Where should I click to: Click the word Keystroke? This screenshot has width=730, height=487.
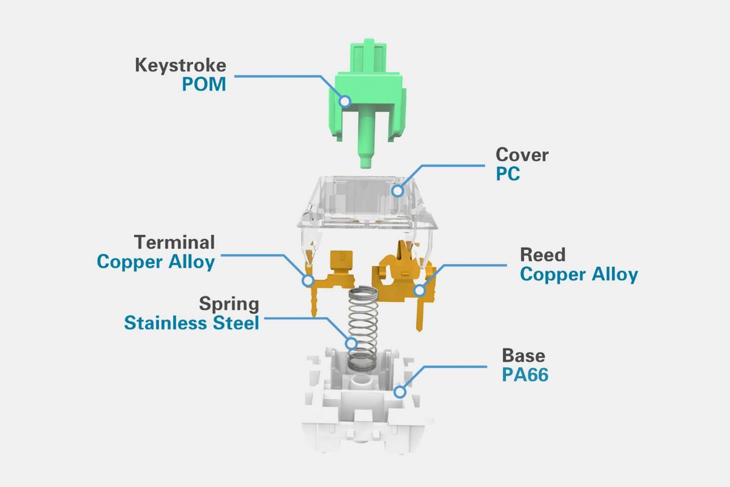click(180, 65)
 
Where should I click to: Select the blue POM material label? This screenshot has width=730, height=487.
click(204, 84)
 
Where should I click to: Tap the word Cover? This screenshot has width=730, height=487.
click(522, 155)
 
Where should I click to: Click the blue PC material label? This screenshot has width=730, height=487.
click(508, 174)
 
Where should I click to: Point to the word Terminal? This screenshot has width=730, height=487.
click(174, 242)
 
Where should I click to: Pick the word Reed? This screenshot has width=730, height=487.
click(543, 255)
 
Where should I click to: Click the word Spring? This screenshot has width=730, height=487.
click(229, 303)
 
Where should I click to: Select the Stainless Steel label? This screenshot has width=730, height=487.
click(191, 323)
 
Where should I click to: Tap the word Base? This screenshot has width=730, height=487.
click(523, 356)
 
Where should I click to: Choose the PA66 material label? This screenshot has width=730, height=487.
click(525, 375)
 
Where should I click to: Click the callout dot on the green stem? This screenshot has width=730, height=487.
click(345, 101)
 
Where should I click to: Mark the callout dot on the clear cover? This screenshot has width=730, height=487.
click(398, 190)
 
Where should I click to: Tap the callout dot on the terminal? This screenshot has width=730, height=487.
click(308, 281)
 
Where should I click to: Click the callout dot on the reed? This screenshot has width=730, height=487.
click(420, 291)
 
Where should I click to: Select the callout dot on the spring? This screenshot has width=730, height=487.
click(351, 343)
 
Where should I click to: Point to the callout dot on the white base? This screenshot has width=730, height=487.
click(400, 391)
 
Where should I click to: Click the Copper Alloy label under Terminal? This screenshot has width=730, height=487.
click(156, 262)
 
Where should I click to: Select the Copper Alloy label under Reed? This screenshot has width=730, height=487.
click(579, 274)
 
